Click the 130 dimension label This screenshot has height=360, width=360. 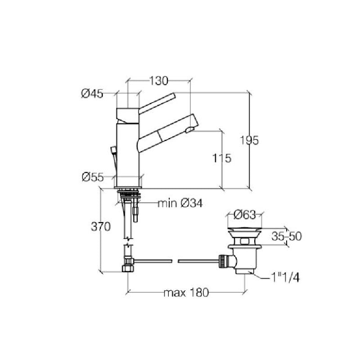tap(158, 81)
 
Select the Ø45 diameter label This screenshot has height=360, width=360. tap(92, 94)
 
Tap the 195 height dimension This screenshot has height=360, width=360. tap(249, 140)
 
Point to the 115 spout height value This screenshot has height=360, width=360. tap(221, 158)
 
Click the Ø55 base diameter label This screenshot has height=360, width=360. tap(92, 177)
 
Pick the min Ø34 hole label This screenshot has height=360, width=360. tap(180, 203)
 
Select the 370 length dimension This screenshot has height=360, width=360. tap(101, 227)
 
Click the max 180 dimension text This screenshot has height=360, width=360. tap(186, 293)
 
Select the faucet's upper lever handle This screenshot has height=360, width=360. tap(157, 101)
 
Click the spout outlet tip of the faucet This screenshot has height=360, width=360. tap(191, 130)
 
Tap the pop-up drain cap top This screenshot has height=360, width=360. tap(245, 230)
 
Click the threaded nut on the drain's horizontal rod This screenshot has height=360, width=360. tap(223, 261)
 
